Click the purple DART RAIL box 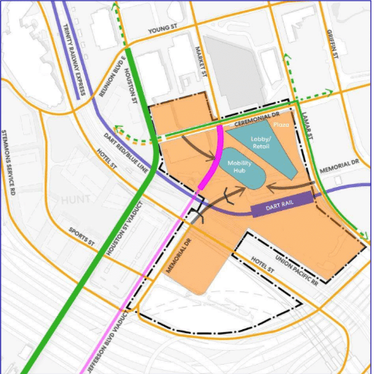282,204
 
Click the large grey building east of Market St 236,73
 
